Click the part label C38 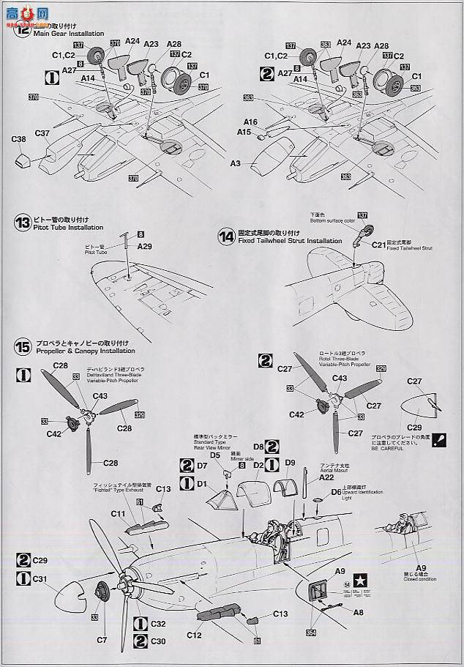point(19,138)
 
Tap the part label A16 point(251,122)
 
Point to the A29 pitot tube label point(144,247)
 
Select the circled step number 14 point(226,236)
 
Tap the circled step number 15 point(22,346)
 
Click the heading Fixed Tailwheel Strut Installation point(290,240)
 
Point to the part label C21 point(378,245)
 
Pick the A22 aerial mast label point(326,477)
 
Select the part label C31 point(40,578)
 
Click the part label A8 point(357,612)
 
